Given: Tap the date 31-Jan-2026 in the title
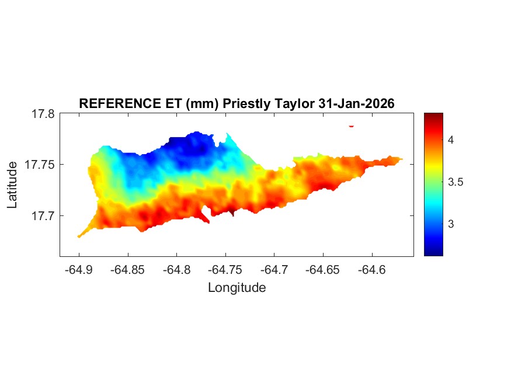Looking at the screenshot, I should (x=357, y=103).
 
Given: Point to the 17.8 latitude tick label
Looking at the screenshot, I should (x=43, y=114).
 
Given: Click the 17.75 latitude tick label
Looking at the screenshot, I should (x=40, y=165).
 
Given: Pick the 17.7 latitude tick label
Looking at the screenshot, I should (x=43, y=216).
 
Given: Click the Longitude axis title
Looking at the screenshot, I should (x=237, y=287).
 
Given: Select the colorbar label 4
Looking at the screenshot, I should (x=451, y=140).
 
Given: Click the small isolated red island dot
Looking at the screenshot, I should (x=352, y=126).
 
